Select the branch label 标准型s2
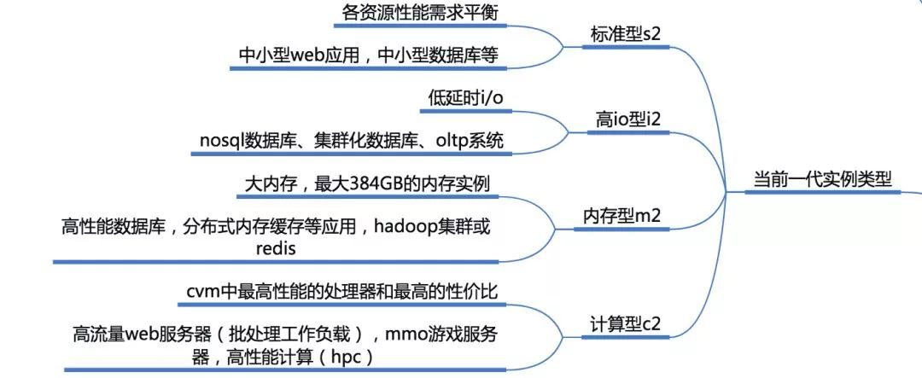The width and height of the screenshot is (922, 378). click(625, 35)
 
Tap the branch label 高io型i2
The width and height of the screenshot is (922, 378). click(628, 120)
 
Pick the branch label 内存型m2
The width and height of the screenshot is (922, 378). click(621, 216)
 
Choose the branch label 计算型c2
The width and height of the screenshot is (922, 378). click(625, 323)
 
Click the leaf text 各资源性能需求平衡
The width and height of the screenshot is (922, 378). click(419, 13)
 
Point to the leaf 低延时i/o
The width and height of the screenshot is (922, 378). click(466, 97)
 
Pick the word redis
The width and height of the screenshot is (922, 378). click(276, 249)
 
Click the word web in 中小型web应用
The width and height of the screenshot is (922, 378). click(315, 56)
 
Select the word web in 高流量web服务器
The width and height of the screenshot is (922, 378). click(148, 334)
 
